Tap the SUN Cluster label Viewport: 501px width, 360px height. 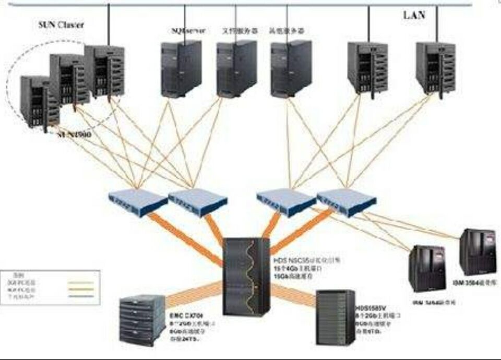[x=61, y=25]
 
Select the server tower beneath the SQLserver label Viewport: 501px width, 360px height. [x=181, y=68]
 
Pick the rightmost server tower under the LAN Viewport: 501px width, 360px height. [x=435, y=68]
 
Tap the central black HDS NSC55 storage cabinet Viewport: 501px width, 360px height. [x=246, y=277]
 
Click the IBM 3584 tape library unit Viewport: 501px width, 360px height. [x=477, y=253]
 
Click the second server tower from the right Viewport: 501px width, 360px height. [x=367, y=68]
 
